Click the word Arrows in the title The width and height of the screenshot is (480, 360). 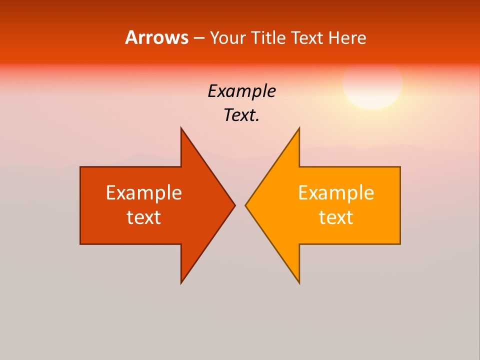(x=156, y=37)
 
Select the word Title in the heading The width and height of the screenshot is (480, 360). (x=268, y=37)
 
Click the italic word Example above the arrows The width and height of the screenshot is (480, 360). (x=241, y=91)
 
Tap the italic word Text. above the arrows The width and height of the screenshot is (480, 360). (x=241, y=115)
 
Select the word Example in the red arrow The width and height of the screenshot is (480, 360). (x=144, y=193)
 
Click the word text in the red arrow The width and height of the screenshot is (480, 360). (x=144, y=217)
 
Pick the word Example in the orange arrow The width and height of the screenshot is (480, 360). (x=336, y=193)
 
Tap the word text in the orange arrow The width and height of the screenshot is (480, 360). (x=336, y=217)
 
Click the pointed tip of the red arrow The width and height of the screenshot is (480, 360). (x=234, y=205)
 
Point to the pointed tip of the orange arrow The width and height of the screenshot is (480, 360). (x=246, y=205)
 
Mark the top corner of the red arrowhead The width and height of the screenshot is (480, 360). (x=181, y=128)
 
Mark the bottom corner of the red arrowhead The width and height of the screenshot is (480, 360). (x=181, y=282)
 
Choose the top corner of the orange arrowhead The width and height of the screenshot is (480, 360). (x=299, y=128)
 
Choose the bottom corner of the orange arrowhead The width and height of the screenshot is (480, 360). (x=299, y=282)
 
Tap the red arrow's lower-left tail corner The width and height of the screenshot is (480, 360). (x=81, y=243)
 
